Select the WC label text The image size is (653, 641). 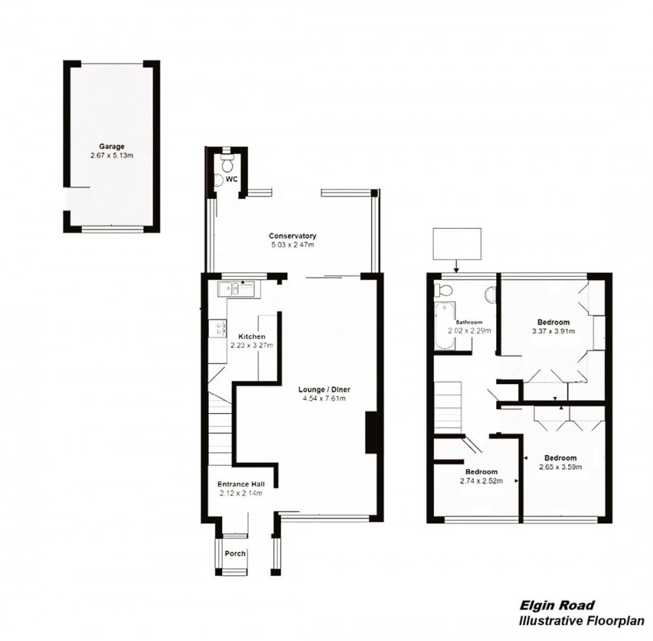(x=231, y=178)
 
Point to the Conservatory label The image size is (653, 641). (x=292, y=236)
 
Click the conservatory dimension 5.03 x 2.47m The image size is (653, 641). (x=292, y=245)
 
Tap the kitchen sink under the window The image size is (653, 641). (x=237, y=289)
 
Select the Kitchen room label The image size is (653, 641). (x=252, y=337)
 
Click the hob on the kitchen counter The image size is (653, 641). (x=216, y=329)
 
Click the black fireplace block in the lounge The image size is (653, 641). (x=371, y=433)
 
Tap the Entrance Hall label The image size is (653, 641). (x=240, y=484)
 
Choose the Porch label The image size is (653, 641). (x=235, y=554)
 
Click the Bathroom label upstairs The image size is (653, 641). (x=469, y=322)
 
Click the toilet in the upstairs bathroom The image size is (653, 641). (x=443, y=292)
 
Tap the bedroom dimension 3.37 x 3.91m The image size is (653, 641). (x=553, y=331)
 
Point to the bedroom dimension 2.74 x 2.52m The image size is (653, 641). (x=481, y=481)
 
